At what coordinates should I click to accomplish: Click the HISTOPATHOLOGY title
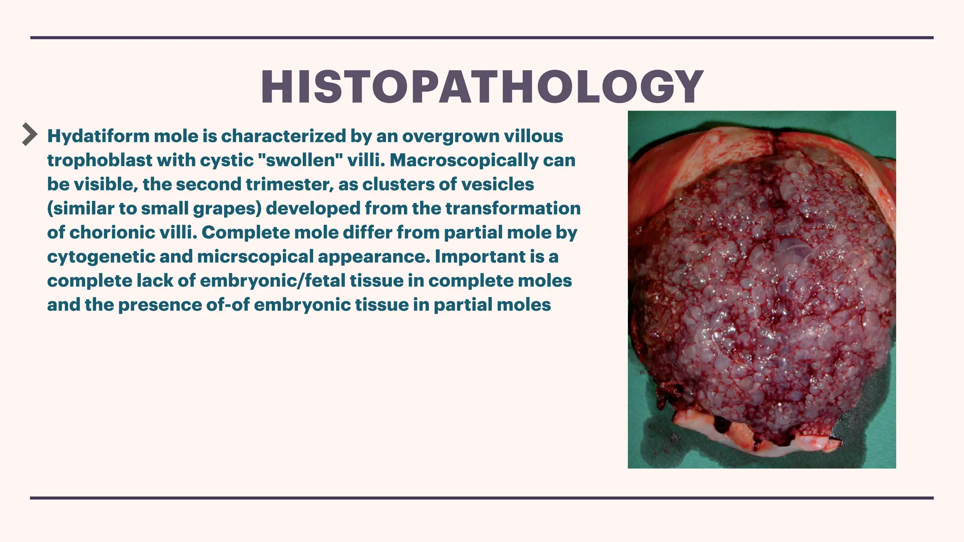[x=482, y=87]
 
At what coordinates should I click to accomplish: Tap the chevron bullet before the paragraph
[x=30, y=135]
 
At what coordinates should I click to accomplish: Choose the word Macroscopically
[x=464, y=160]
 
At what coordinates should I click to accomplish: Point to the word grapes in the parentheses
[x=227, y=208]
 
